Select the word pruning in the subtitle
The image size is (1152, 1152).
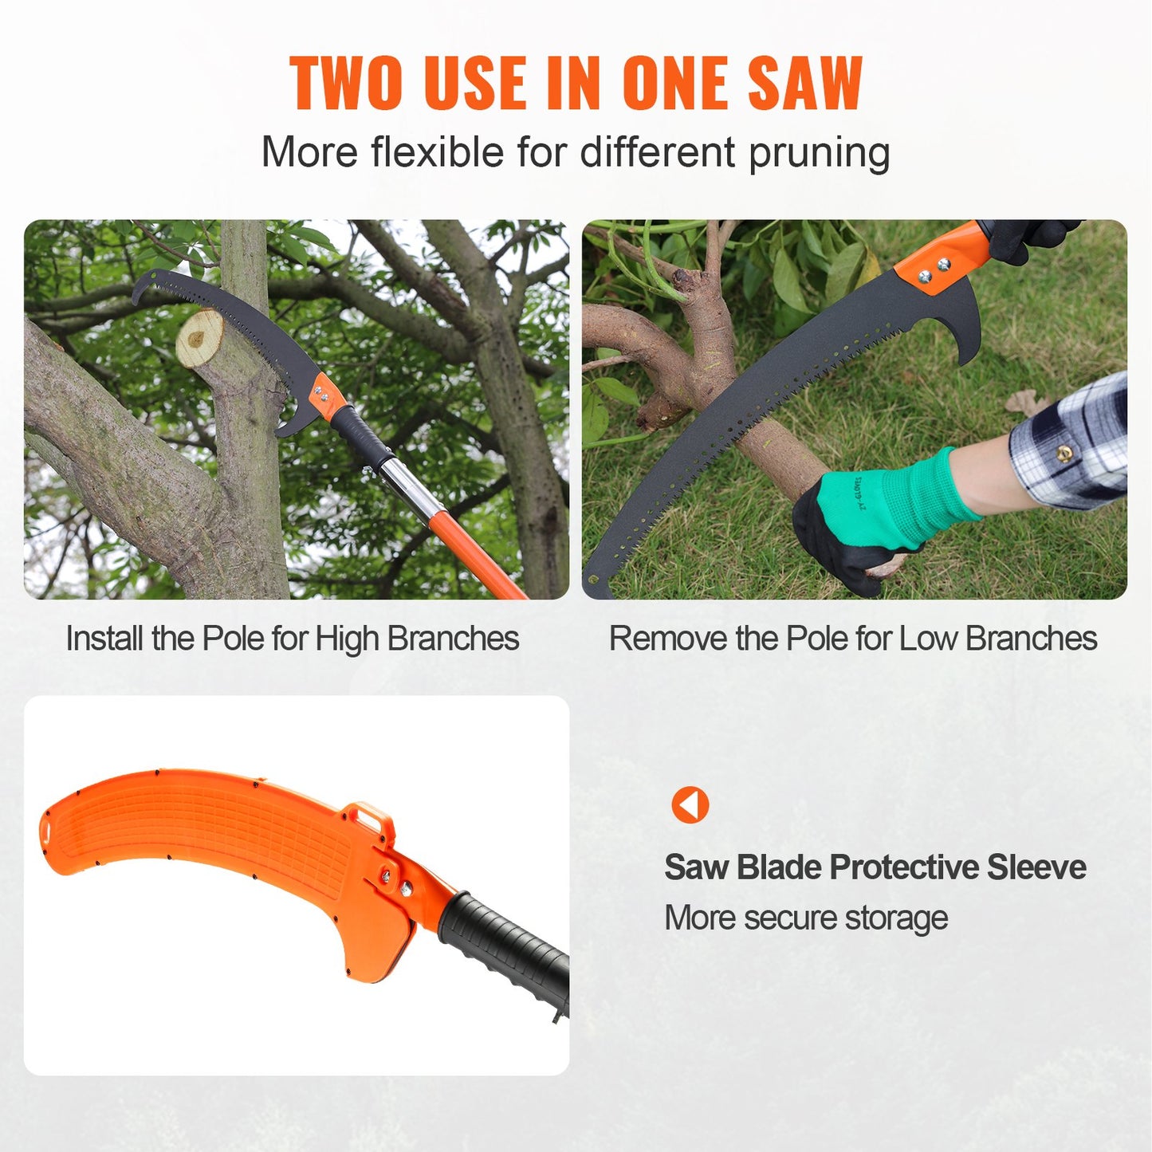(x=819, y=153)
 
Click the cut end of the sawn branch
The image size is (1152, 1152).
(x=199, y=338)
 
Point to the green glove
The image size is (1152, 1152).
(x=885, y=510)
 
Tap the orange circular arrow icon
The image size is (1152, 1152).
(x=690, y=804)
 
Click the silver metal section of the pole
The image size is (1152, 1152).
(x=411, y=486)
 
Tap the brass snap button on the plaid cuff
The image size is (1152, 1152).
(x=1063, y=455)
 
